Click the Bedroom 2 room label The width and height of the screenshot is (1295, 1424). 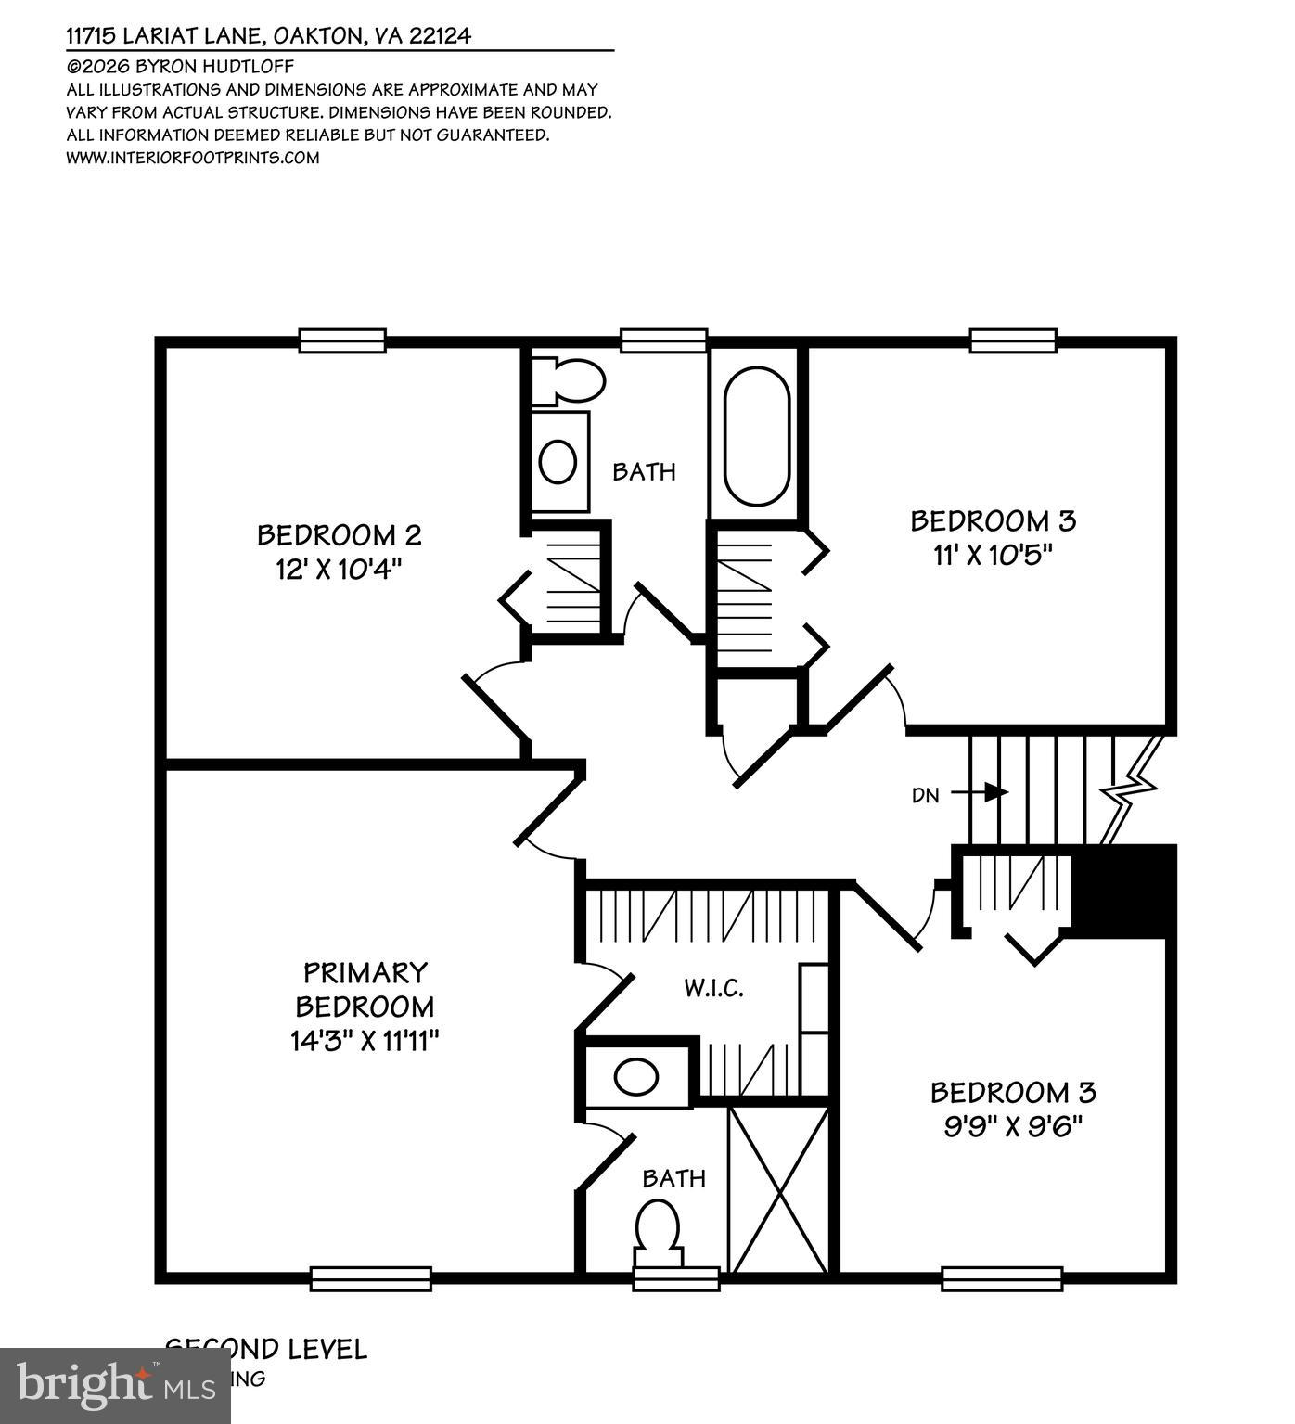[339, 535]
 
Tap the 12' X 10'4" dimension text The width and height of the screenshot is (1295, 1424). [339, 569]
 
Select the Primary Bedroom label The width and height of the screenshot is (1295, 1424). [365, 989]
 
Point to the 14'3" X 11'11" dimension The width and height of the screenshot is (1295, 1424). [365, 1041]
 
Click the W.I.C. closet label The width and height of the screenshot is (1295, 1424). [714, 988]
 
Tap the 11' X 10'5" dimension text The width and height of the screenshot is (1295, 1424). [993, 555]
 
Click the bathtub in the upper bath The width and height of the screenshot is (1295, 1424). [757, 436]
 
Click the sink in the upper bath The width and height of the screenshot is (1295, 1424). [558, 461]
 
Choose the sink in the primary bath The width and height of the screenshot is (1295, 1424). [636, 1078]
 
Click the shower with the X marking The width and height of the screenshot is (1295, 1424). [778, 1188]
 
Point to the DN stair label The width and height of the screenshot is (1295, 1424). [926, 795]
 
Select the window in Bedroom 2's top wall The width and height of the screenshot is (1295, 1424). [342, 340]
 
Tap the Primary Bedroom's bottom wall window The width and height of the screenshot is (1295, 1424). [370, 1279]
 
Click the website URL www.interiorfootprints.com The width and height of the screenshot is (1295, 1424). [193, 158]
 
